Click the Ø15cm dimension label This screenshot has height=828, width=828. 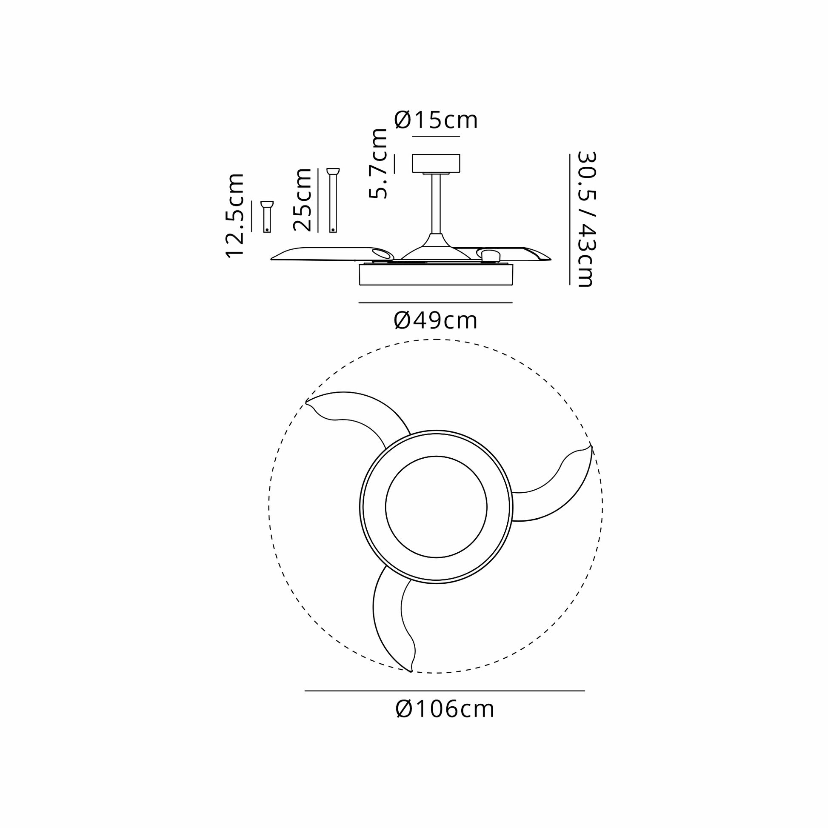point(435,120)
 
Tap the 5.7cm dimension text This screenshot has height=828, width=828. point(378,163)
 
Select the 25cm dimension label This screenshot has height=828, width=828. point(302,200)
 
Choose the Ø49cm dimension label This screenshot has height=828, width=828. point(435,320)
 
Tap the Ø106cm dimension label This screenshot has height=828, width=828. point(445,709)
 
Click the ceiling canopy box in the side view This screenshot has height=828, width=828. point(436,163)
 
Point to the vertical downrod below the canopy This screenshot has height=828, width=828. point(436,204)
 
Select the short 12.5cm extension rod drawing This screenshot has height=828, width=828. point(267,217)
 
